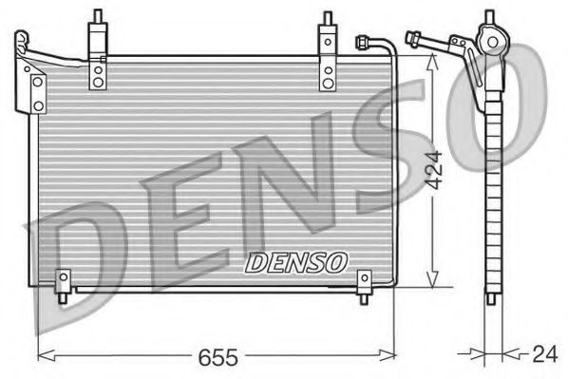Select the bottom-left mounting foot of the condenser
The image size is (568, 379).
coord(64,284)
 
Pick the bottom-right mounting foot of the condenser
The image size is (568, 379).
coord(365,284)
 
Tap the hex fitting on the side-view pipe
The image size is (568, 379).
coord(414,40)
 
